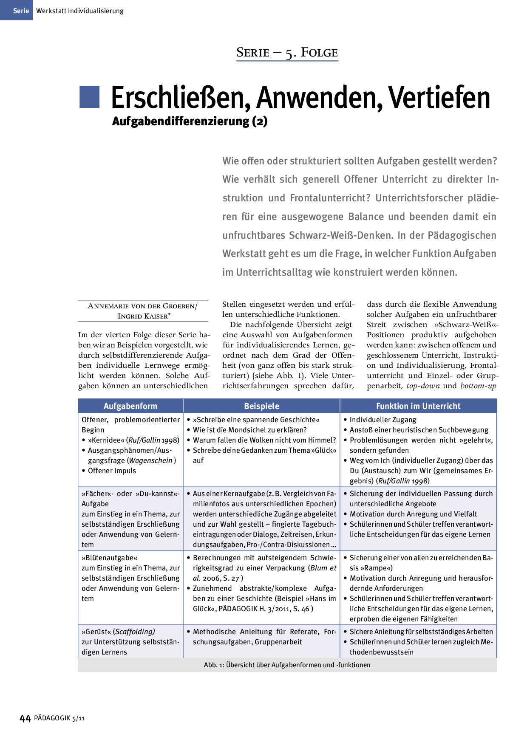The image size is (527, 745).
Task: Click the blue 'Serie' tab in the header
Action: click(x=16, y=11)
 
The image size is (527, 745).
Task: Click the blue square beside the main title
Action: click(x=89, y=97)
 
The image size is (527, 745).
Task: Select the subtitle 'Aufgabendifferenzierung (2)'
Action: click(x=190, y=121)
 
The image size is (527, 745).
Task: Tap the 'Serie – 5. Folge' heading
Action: click(x=287, y=53)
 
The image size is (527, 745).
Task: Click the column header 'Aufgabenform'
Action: click(x=130, y=406)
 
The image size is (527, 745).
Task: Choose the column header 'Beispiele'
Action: click(x=261, y=406)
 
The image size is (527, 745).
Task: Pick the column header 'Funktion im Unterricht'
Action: click(x=418, y=406)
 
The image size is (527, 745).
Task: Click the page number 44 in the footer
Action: click(x=25, y=718)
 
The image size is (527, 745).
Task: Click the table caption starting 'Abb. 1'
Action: click(x=287, y=665)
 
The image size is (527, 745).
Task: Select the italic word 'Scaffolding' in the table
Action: click(x=135, y=632)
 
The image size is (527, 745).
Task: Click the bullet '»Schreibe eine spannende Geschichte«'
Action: click(x=256, y=420)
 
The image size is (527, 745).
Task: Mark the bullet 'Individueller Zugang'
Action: click(x=382, y=420)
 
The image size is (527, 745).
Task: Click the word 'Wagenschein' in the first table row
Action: click(x=151, y=460)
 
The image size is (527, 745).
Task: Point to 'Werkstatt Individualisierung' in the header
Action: click(x=80, y=11)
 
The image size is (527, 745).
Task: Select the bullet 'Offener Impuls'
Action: click(x=112, y=471)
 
